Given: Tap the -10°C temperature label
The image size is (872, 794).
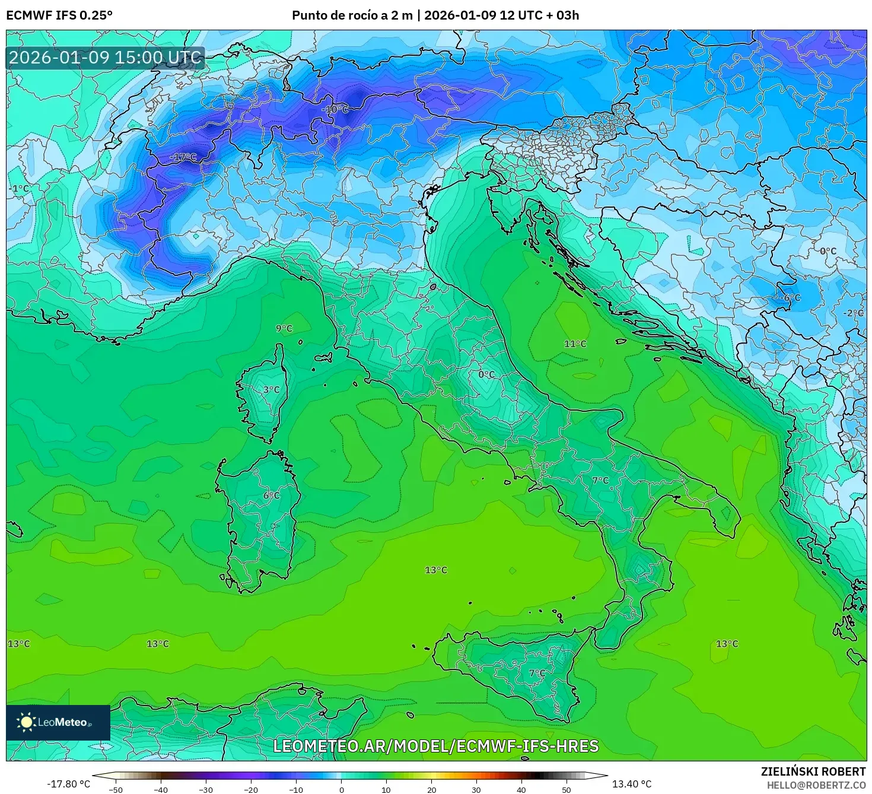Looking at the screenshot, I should (x=335, y=110).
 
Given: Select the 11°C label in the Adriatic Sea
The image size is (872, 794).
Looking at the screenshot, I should (x=575, y=344).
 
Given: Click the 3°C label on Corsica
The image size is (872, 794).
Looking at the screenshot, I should (x=271, y=390).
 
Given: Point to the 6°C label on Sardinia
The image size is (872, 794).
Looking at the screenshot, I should (x=271, y=496).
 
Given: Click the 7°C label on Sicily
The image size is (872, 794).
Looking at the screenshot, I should (x=537, y=673).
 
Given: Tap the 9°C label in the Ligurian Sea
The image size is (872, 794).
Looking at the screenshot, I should (x=284, y=328).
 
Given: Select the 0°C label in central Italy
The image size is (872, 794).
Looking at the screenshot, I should (x=486, y=374).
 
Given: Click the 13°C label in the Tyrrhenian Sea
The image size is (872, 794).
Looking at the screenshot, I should (x=436, y=570).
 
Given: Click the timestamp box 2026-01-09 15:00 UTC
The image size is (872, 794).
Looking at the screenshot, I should (x=106, y=58).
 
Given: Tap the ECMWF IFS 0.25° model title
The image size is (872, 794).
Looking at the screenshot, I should (x=59, y=15).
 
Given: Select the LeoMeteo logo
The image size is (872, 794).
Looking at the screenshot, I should (x=58, y=722).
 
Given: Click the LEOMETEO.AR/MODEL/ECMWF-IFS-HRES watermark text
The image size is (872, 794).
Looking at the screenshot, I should (x=436, y=746).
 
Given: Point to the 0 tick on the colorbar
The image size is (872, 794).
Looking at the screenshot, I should (x=341, y=789).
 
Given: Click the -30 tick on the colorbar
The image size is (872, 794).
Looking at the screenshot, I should (x=205, y=789).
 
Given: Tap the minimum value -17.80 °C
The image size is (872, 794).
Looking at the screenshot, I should (x=68, y=784).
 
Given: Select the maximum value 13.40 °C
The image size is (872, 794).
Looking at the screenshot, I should (x=632, y=784).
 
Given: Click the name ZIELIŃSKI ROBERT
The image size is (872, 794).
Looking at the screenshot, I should (x=813, y=771).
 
